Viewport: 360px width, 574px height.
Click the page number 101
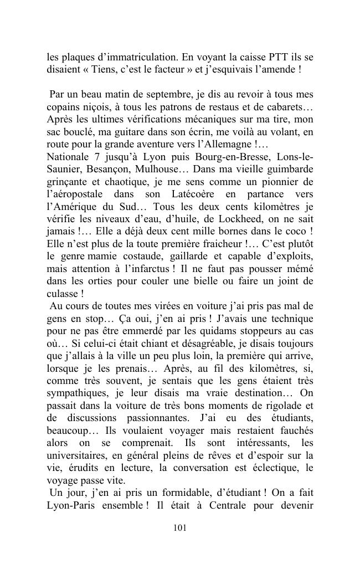coord(179,528)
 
